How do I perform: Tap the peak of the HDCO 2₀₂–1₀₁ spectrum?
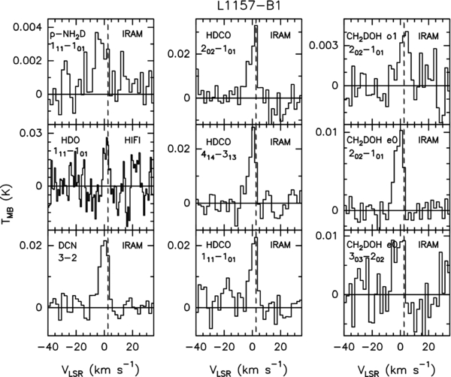click(x=256, y=26)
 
